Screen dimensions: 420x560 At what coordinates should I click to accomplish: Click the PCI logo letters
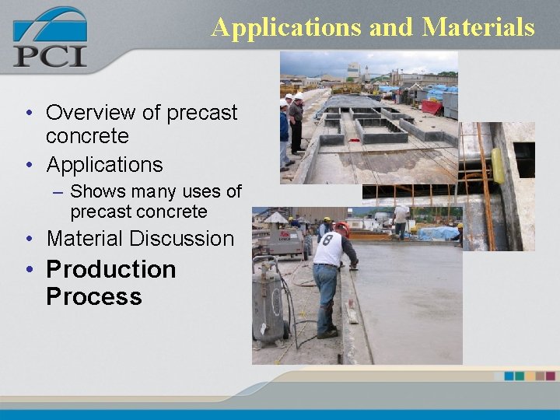[50, 56]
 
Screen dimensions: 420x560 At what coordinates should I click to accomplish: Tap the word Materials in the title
[478, 27]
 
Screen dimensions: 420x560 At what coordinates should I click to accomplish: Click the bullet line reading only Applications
[104, 165]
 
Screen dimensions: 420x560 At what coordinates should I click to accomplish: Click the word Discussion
[186, 239]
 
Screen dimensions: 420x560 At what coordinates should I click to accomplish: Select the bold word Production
[111, 269]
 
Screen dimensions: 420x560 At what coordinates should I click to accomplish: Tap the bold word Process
[93, 296]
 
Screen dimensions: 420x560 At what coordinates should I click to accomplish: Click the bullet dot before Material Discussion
[28, 240]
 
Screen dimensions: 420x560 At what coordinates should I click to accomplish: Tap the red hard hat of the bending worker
[342, 228]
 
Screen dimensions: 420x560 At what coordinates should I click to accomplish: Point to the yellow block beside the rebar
[498, 165]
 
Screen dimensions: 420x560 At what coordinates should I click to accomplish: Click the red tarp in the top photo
[430, 107]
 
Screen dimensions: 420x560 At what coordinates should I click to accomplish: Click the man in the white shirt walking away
[401, 220]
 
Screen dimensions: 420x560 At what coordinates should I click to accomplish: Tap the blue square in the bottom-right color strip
[509, 376]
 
